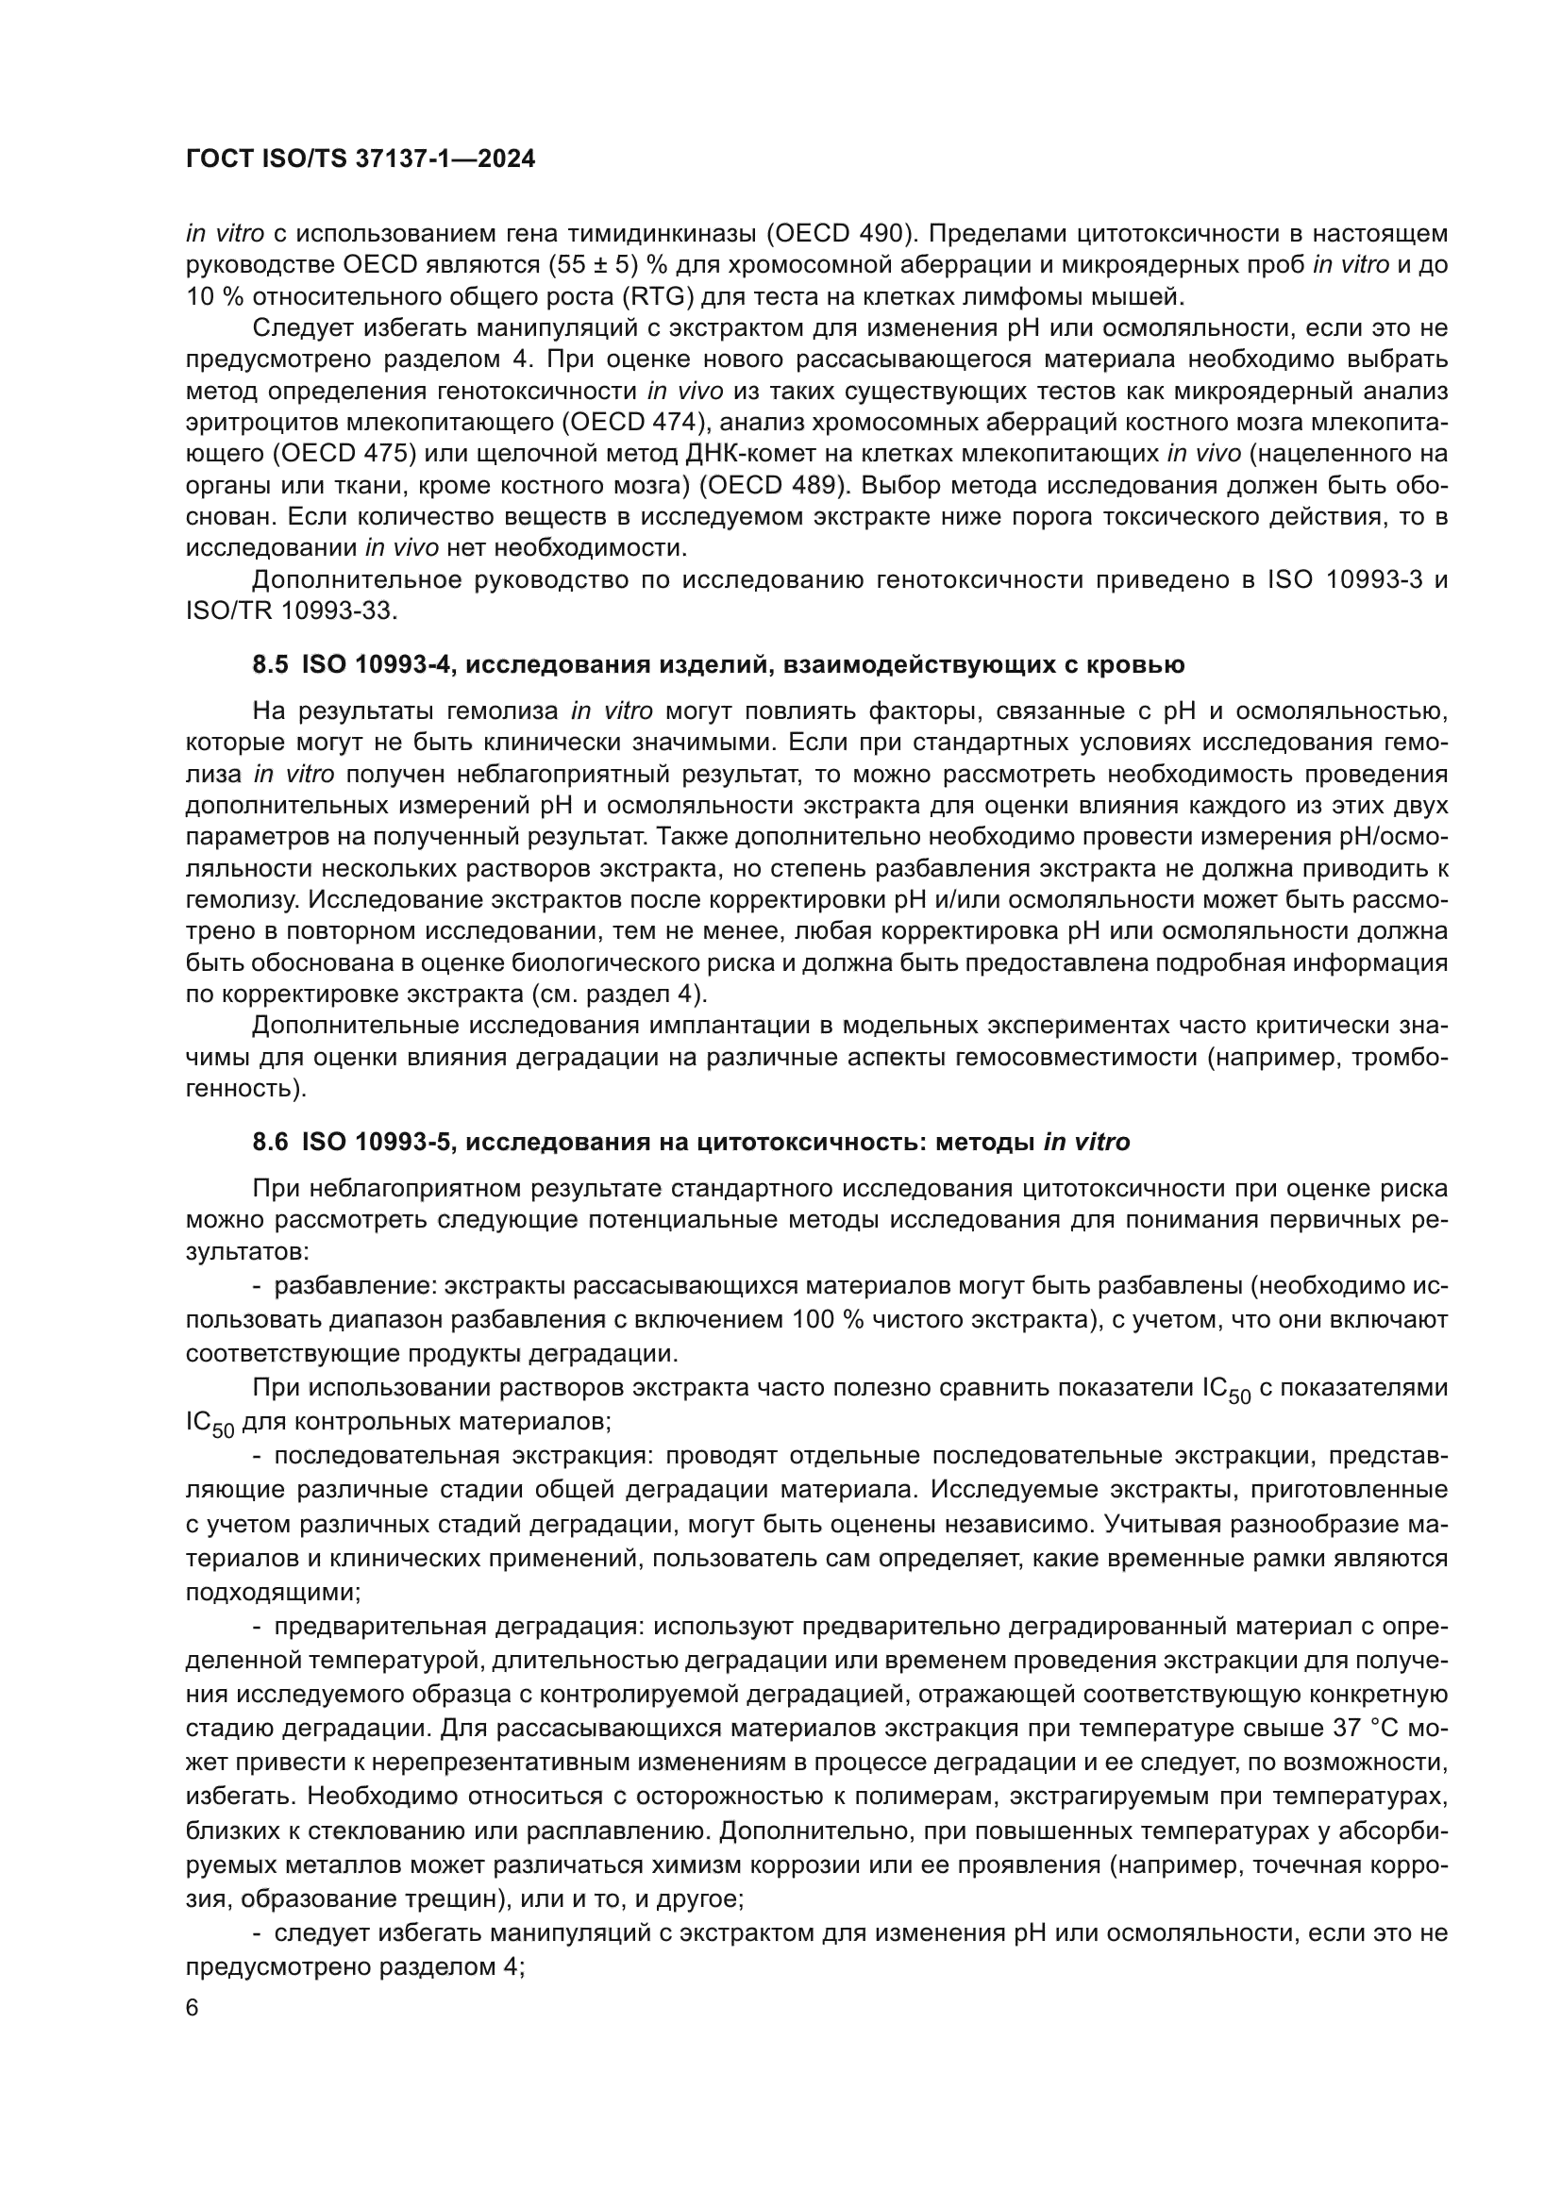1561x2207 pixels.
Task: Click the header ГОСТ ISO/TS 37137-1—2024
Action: pos(360,159)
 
